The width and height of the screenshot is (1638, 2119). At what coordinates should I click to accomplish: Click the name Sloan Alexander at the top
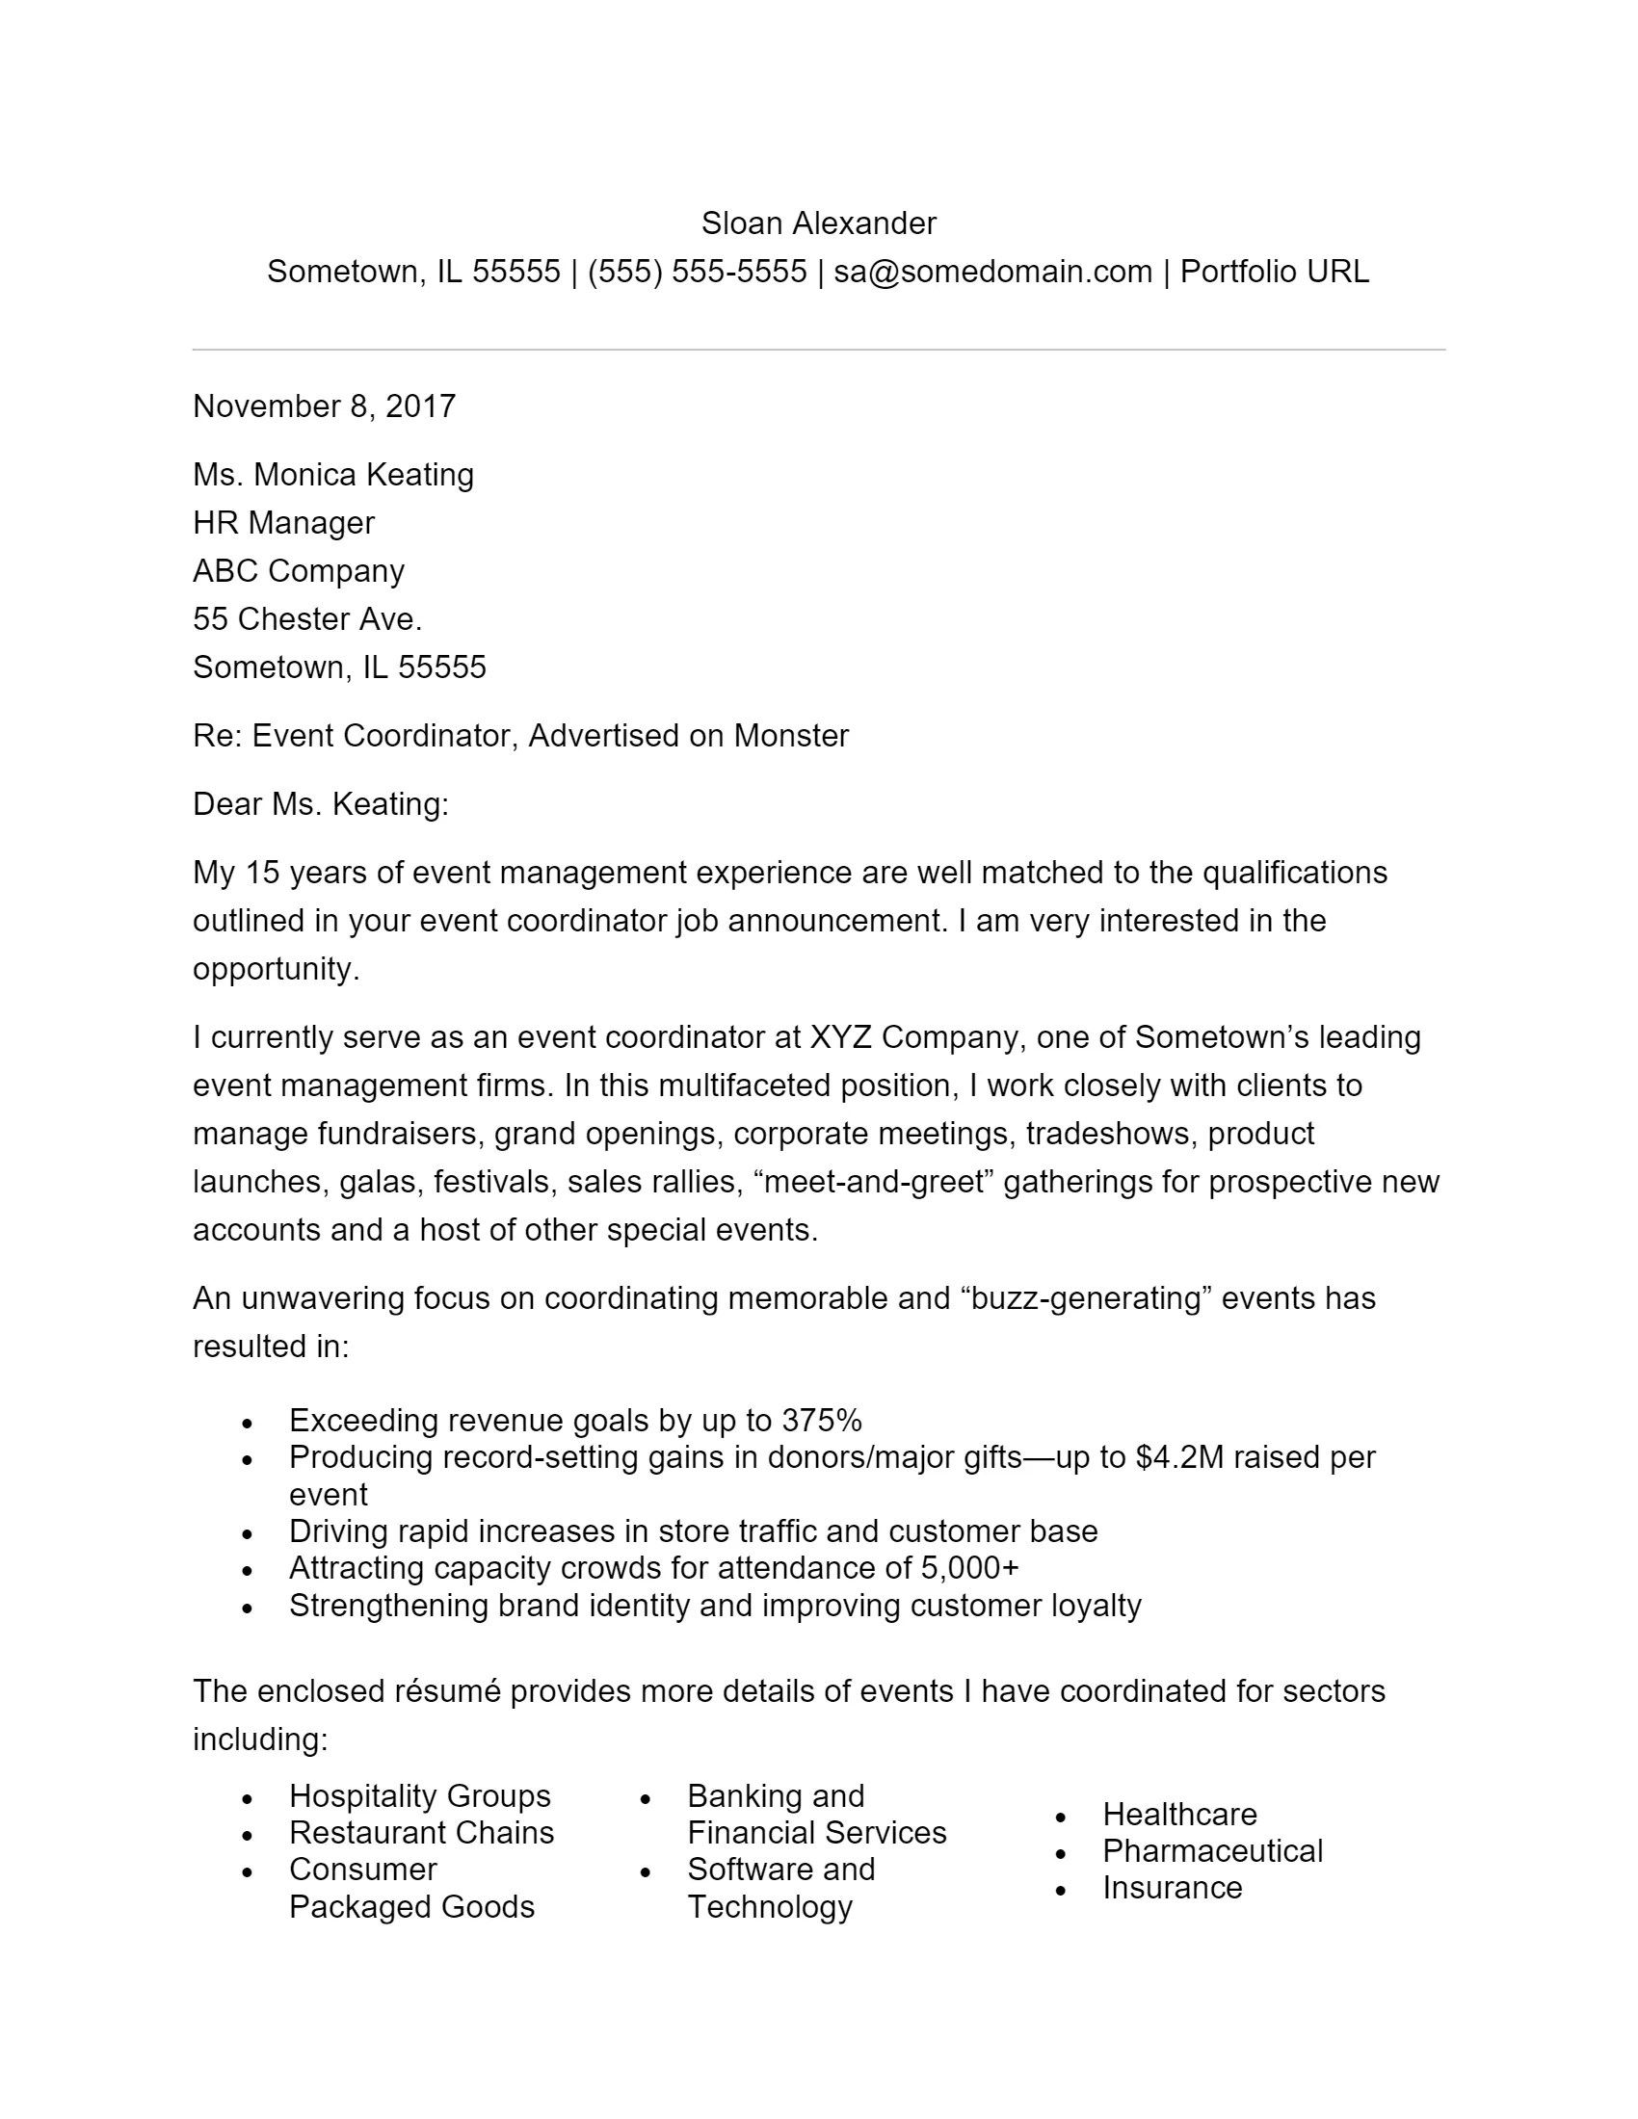[x=818, y=223]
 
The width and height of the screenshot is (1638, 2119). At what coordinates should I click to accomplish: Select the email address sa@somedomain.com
[x=991, y=272]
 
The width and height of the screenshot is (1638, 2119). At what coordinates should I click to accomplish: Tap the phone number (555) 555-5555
[x=697, y=272]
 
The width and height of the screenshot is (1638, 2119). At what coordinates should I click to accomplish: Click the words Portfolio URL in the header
[x=1273, y=272]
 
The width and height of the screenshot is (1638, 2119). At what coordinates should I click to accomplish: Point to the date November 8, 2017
[x=324, y=405]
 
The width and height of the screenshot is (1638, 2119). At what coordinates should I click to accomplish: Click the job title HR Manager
[x=283, y=523]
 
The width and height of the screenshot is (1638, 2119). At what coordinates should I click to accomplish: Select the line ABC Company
[x=298, y=570]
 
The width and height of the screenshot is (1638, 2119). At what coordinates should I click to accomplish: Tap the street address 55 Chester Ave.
[x=306, y=619]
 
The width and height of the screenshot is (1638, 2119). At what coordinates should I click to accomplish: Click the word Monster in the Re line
[x=790, y=736]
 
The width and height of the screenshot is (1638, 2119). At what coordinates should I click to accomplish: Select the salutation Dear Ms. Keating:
[x=320, y=804]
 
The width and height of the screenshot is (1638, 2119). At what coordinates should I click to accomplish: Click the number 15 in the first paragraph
[x=262, y=873]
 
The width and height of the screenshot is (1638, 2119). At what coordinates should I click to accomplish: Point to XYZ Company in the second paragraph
[x=916, y=1037]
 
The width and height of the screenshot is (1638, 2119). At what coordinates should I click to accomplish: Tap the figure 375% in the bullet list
[x=821, y=1421]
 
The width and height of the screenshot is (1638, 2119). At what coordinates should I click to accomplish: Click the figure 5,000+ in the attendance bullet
[x=969, y=1568]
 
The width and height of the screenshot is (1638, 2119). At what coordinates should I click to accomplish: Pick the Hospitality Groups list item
[x=419, y=1796]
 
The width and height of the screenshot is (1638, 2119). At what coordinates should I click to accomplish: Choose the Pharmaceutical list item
[x=1212, y=1851]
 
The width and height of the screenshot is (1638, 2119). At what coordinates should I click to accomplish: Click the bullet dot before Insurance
[x=1061, y=1891]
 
